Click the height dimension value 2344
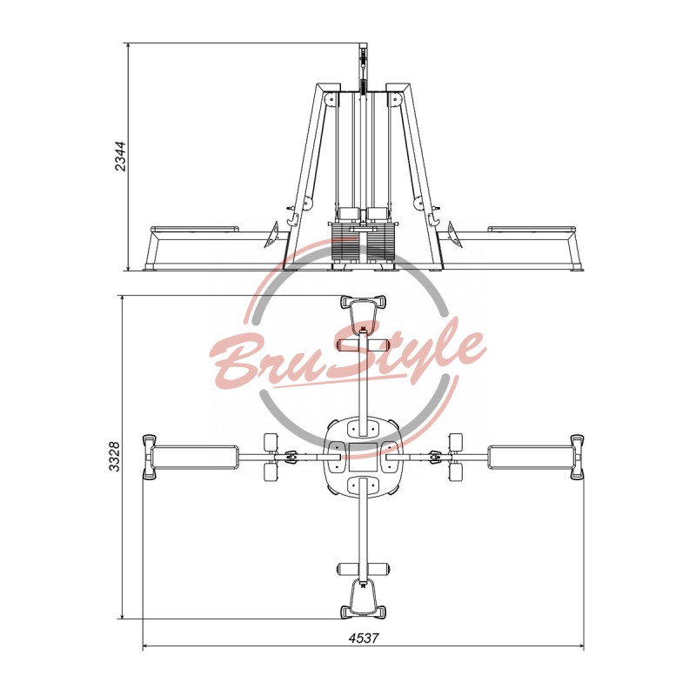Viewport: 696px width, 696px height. click(x=121, y=157)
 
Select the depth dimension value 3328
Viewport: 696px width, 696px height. click(x=115, y=457)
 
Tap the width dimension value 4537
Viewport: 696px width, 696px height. click(x=364, y=639)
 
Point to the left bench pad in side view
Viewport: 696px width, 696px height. click(x=194, y=229)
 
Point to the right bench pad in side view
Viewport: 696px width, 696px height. click(x=532, y=229)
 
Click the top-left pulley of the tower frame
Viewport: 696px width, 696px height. click(x=330, y=99)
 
